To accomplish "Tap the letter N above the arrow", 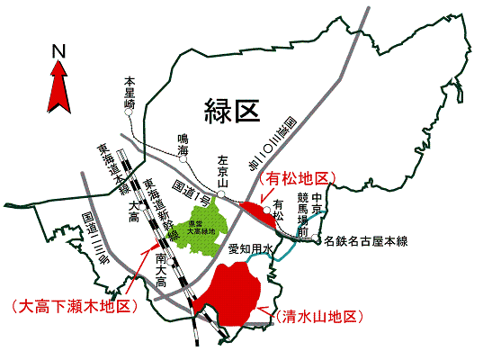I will [59, 50].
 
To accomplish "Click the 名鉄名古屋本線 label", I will [366, 240].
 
